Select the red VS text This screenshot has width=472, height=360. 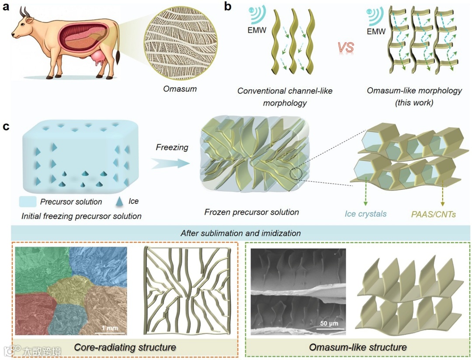tap(344, 48)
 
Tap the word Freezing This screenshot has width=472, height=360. tap(172, 147)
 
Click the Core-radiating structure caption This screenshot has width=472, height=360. tap(125, 348)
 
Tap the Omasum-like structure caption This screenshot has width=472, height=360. tap(357, 348)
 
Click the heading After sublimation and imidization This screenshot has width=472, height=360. tap(240, 233)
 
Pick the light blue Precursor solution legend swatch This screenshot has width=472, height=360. tap(28, 202)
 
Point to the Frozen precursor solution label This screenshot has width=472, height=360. tap(251, 212)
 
